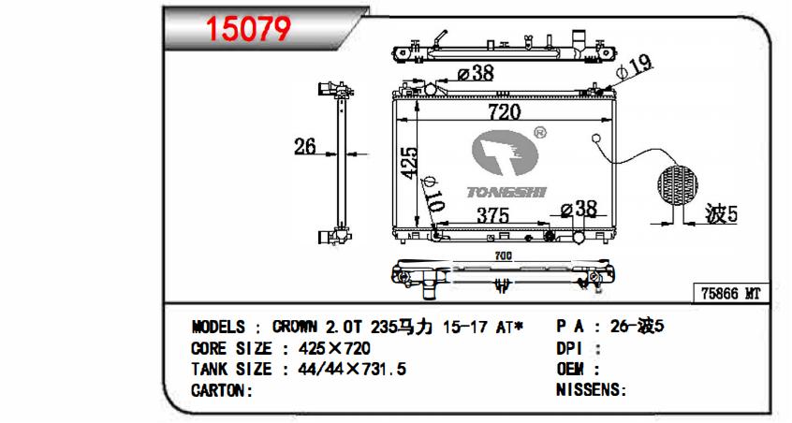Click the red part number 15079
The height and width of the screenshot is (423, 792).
point(249,29)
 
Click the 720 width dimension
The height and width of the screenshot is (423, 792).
point(504,111)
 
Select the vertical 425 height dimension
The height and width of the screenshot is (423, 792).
point(409,163)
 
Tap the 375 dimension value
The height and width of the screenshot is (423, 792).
point(493,215)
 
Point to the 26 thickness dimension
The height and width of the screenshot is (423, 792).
point(305,146)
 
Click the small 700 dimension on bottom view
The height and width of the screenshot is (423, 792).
point(503,256)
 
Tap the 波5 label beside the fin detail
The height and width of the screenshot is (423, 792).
point(721,214)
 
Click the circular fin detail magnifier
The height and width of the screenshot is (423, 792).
point(678,184)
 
